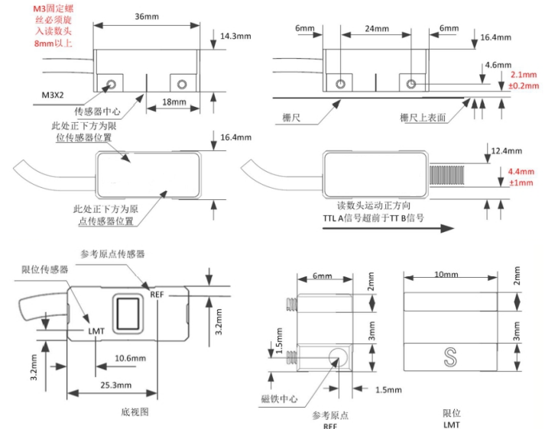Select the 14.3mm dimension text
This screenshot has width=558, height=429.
click(234, 37)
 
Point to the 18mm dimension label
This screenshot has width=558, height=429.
click(172, 102)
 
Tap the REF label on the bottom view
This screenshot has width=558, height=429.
click(157, 295)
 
